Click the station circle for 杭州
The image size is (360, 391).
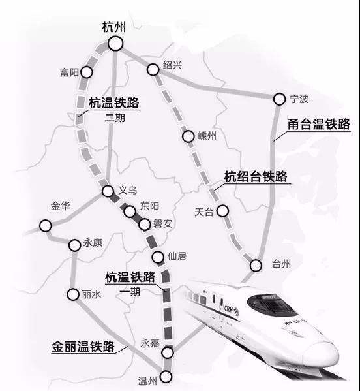[115, 44]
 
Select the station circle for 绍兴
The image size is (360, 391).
[153, 68]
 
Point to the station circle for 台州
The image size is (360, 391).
[256, 265]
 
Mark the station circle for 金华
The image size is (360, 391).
[45, 226]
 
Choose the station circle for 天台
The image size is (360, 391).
[223, 211]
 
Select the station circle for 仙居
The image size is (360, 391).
[157, 257]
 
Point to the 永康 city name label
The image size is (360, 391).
[94, 243]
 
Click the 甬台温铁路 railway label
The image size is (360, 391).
[320, 124]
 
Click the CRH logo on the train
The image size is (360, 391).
[230, 309]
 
